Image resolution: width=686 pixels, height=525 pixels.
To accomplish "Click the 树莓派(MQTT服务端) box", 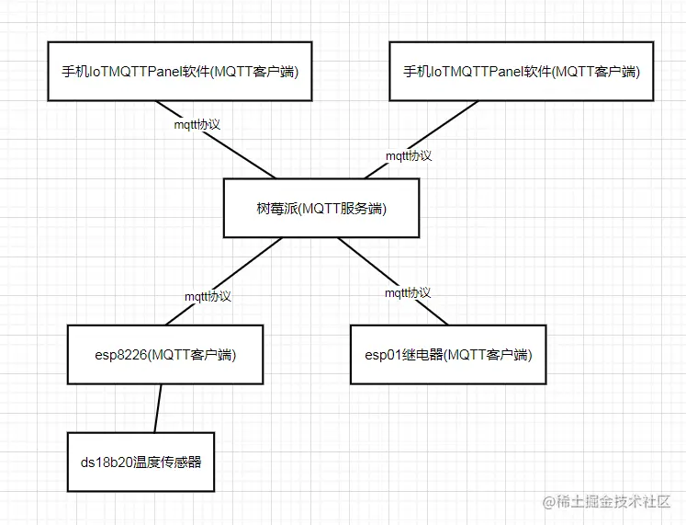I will (x=321, y=209).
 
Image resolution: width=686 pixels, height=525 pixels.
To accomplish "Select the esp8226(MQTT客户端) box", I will (x=165, y=354).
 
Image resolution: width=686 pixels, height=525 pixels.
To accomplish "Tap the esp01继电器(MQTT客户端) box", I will (x=448, y=354).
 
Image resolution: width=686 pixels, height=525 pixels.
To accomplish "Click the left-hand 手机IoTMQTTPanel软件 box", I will (x=179, y=71).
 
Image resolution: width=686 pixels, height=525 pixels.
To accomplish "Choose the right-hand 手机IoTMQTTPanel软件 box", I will (x=521, y=71).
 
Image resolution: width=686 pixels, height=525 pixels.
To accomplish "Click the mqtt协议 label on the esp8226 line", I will (x=208, y=297).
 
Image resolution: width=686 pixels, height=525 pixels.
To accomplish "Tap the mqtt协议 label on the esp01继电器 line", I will (x=407, y=293).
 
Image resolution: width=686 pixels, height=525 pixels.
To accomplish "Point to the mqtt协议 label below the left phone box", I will (x=197, y=123).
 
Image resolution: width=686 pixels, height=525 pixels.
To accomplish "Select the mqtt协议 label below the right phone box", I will (x=409, y=155).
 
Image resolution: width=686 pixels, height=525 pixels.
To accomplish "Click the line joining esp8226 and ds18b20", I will (x=158, y=407).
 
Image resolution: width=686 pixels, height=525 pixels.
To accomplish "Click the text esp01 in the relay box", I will (x=382, y=354).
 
